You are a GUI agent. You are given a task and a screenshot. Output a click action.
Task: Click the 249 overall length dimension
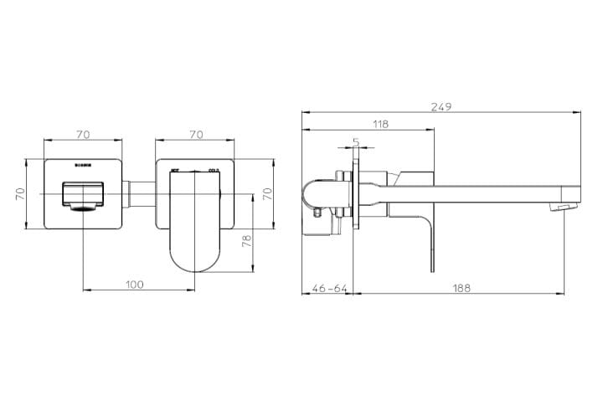click(441, 106)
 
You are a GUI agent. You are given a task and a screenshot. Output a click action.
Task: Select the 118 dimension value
click(380, 124)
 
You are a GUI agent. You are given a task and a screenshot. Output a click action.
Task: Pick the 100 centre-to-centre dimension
click(134, 285)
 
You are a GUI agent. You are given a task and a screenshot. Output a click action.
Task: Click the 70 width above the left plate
click(83, 133)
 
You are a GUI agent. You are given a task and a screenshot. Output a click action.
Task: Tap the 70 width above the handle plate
click(197, 133)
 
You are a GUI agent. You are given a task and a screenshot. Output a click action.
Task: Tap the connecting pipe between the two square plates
click(140, 194)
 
